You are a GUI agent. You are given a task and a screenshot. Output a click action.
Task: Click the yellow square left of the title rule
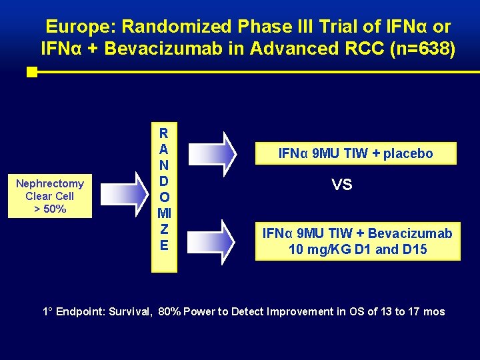[31, 72]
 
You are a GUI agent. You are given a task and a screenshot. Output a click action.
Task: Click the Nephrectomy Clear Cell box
[50, 196]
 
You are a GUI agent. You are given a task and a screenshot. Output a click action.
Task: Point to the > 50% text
[50, 209]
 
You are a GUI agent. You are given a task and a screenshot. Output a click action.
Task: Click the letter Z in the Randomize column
[164, 229]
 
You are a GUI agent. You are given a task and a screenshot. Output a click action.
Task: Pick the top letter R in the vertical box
[164, 133]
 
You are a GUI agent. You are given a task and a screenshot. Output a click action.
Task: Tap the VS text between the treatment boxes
[341, 185]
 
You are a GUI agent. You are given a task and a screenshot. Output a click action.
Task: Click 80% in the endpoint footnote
[170, 311]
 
